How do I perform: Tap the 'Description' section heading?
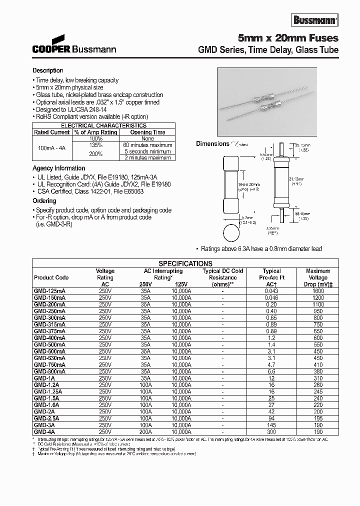click(x=48, y=70)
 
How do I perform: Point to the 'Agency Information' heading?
click(x=59, y=168)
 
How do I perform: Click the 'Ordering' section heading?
click(x=44, y=200)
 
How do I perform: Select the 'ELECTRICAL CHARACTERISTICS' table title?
click(x=103, y=125)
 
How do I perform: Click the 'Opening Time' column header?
click(x=147, y=132)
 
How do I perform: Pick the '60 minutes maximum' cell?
click(x=147, y=145)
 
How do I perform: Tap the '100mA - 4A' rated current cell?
click(x=52, y=148)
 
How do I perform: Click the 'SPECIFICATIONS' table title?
click(x=185, y=263)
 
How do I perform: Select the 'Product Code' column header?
click(x=51, y=277)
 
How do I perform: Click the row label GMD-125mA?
click(x=50, y=290)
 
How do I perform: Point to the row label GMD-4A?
click(x=44, y=431)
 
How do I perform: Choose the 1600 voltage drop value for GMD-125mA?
click(x=318, y=290)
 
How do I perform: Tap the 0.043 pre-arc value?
click(x=271, y=290)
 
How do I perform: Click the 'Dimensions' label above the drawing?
click(x=212, y=144)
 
